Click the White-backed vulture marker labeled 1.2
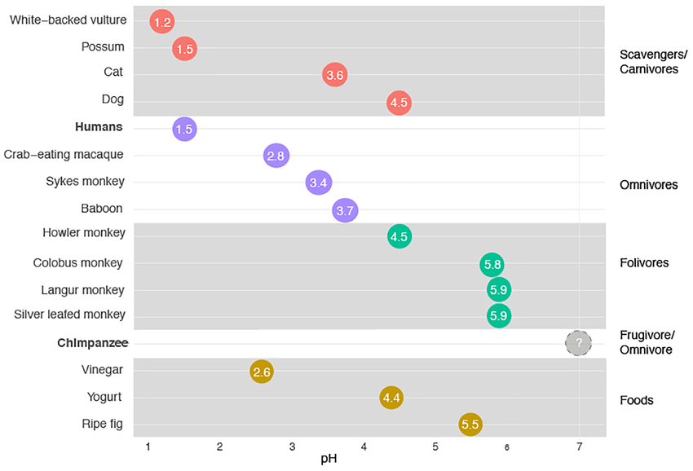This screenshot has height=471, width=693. click(x=162, y=22)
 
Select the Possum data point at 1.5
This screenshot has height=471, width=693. click(x=185, y=49)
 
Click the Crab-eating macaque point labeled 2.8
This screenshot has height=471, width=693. click(x=277, y=156)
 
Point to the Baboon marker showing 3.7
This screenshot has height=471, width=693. click(x=345, y=211)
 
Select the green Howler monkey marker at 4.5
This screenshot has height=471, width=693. click(x=399, y=237)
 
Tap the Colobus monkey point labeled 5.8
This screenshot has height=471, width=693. click(x=492, y=264)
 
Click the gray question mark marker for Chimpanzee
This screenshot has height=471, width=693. click(x=579, y=343)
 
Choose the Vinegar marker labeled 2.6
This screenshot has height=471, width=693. click(x=262, y=372)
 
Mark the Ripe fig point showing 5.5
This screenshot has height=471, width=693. click(x=470, y=424)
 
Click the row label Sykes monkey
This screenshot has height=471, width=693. click(x=86, y=182)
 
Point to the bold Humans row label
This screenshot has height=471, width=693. click(x=99, y=127)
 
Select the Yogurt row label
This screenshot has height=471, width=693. click(x=105, y=397)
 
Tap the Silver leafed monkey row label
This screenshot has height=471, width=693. click(x=70, y=315)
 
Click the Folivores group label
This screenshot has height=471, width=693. click(x=644, y=263)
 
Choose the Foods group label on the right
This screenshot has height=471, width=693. click(x=637, y=400)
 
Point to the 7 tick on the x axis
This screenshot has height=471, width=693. click(x=579, y=447)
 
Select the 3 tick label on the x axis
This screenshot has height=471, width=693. click(x=292, y=447)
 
